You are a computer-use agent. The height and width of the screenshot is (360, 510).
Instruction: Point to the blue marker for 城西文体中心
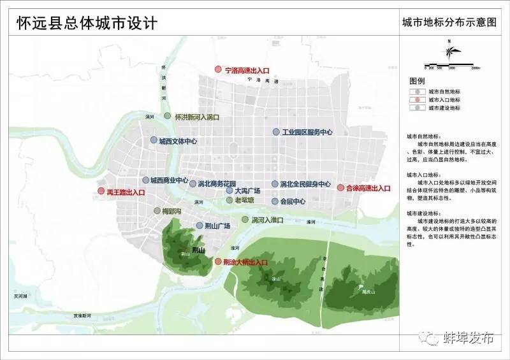pos(154,141)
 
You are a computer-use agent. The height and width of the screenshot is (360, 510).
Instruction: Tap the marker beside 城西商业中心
pos(146,180)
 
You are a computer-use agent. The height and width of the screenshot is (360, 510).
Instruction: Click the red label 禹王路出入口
pos(127,192)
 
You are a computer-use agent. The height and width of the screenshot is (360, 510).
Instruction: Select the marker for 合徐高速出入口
pos(340,188)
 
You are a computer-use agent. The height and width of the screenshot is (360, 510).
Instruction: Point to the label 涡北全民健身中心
pos(305,184)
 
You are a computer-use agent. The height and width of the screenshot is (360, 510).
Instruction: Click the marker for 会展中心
pos(275,202)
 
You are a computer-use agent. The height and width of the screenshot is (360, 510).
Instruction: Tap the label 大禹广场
pos(247,191)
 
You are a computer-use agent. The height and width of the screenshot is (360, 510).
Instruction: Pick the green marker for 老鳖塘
pos(229,200)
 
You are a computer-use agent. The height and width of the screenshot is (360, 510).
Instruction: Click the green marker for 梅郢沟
pos(156,210)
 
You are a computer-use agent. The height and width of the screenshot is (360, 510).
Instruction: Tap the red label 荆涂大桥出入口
pos(245,262)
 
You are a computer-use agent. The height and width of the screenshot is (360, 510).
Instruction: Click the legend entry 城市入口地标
pos(444,100)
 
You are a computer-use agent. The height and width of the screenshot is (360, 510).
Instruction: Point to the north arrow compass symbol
pos(449,52)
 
